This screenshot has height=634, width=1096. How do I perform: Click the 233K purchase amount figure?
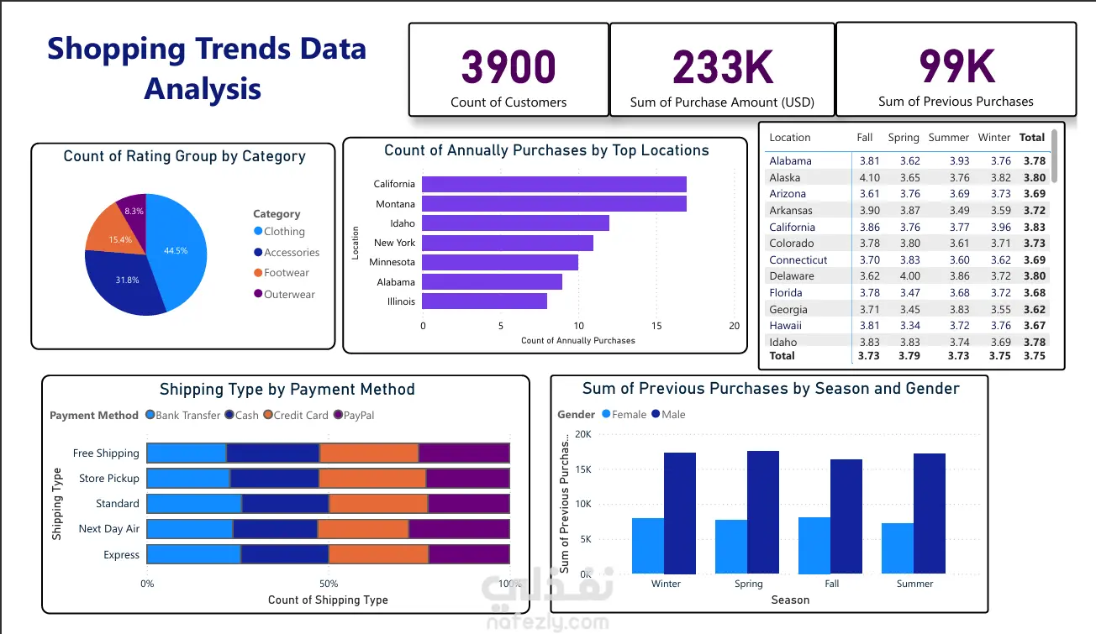(x=723, y=67)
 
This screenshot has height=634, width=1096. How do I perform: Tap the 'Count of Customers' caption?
(x=508, y=102)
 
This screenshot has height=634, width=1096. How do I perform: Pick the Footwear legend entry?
(x=282, y=273)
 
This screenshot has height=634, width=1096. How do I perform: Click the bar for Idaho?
(x=516, y=223)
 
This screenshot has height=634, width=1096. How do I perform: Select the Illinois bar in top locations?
(x=484, y=301)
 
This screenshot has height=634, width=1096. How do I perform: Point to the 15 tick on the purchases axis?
(x=656, y=326)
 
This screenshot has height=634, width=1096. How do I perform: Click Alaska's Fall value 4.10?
(x=869, y=177)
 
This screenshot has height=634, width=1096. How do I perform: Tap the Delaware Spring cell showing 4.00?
(x=910, y=276)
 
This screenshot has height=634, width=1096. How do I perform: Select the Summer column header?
(x=948, y=138)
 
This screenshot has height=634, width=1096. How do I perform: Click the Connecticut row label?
(x=798, y=260)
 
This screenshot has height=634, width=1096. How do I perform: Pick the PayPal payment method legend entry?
(x=354, y=415)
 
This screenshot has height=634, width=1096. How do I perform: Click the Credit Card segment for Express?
(x=379, y=554)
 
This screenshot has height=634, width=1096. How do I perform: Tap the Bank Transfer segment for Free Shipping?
(x=187, y=453)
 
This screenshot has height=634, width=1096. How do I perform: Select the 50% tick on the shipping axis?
(x=329, y=584)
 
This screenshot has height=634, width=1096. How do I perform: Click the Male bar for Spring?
(x=763, y=512)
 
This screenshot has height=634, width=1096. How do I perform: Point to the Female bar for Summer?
(x=898, y=548)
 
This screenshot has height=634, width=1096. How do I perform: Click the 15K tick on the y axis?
(x=583, y=469)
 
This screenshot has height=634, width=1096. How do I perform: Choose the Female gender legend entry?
(x=624, y=415)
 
